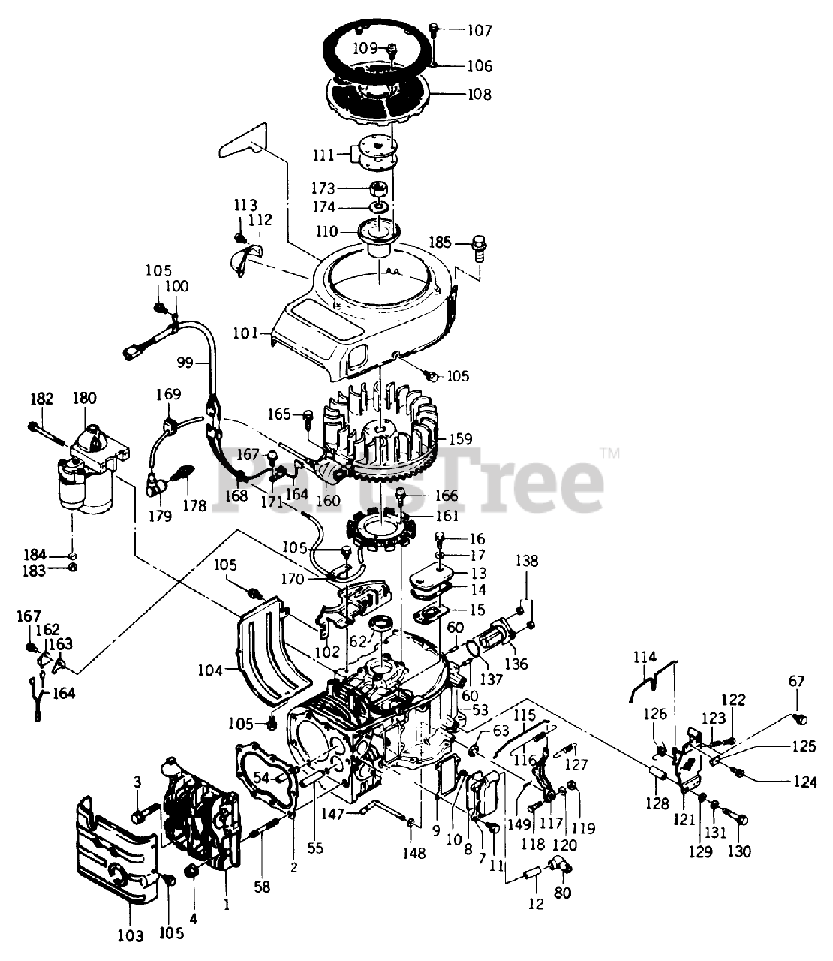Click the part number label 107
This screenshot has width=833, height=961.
[480, 31]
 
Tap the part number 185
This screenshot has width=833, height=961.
[441, 243]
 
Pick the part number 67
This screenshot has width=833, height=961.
[796, 682]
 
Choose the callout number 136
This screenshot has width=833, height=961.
[516, 664]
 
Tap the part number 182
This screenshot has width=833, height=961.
[42, 399]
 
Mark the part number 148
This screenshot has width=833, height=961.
[413, 853]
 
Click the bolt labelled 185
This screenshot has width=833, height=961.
[480, 244]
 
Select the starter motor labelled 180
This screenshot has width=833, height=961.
[90, 473]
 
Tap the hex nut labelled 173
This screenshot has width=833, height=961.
[379, 188]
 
